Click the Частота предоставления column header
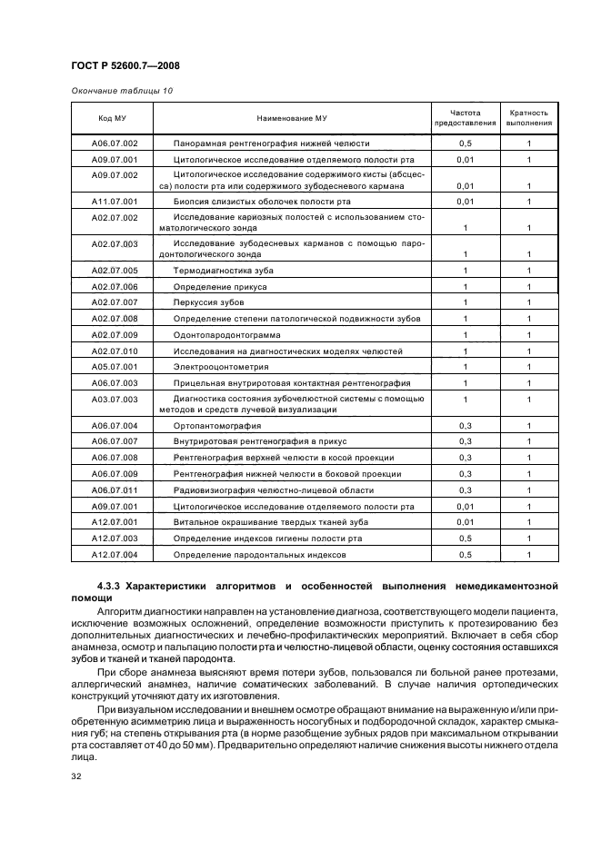[x=465, y=118]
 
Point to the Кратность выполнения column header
[x=528, y=118]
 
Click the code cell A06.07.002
[x=115, y=143]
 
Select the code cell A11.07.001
[x=115, y=201]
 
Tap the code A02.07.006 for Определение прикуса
[x=115, y=286]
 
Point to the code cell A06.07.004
[x=115, y=425]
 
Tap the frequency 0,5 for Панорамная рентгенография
[x=465, y=143]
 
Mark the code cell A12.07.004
[x=115, y=554]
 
